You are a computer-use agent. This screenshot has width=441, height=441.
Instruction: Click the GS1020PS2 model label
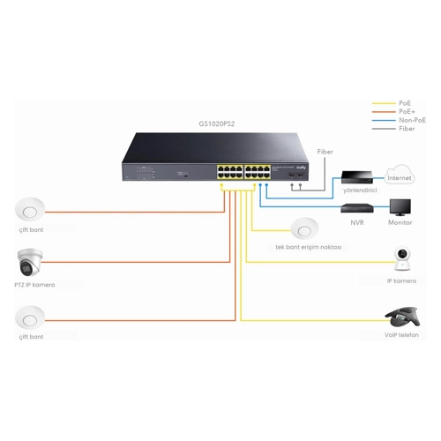(217, 123)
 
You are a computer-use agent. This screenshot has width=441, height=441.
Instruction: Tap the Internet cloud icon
(400, 175)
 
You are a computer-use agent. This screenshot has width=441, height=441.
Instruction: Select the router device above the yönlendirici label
(357, 177)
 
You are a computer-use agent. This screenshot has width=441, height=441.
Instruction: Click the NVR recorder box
(357, 208)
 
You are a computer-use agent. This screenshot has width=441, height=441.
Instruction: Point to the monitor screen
(400, 207)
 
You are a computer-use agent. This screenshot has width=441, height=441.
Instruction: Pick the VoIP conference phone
(402, 317)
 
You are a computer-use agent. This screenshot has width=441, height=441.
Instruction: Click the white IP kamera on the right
(402, 258)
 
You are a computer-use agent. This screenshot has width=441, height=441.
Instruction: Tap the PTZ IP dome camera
(30, 263)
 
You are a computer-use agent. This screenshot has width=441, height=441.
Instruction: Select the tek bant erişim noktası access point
(304, 228)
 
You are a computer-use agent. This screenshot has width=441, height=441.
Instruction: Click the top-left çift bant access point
(30, 209)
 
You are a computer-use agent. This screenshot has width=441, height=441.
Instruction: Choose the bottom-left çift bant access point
(30, 318)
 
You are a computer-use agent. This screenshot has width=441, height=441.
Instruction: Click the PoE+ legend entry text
(407, 111)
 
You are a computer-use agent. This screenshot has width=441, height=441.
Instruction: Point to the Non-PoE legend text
(412, 120)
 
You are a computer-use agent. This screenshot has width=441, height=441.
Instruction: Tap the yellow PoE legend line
(384, 103)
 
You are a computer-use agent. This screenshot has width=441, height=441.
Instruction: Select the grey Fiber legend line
(384, 129)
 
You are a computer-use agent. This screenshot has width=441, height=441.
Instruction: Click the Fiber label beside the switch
(325, 152)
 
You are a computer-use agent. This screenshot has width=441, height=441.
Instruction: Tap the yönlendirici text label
(360, 191)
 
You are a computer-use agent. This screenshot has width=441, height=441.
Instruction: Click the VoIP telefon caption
(401, 335)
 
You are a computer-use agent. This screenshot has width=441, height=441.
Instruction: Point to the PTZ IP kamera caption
(34, 285)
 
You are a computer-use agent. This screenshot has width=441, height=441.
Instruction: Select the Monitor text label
(400, 222)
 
